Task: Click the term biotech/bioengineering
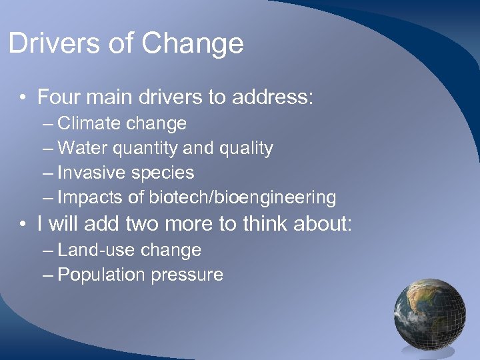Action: [x=243, y=198]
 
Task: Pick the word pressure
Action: [x=187, y=275]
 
